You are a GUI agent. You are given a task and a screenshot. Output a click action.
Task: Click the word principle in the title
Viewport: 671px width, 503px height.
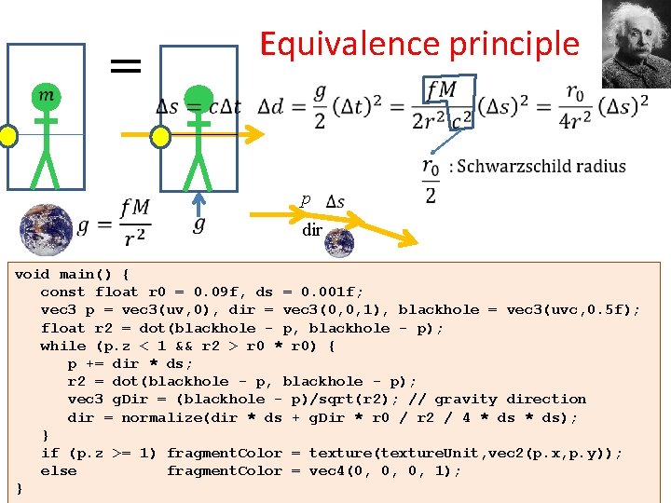pyautogui.click(x=500, y=44)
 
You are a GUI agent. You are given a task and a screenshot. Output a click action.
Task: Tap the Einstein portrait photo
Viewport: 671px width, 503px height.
pyautogui.click(x=635, y=42)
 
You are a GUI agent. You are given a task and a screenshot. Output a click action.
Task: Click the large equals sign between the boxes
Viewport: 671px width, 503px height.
pyautogui.click(x=125, y=65)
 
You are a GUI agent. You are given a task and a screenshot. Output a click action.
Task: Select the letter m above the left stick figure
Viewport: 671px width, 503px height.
pyautogui.click(x=44, y=95)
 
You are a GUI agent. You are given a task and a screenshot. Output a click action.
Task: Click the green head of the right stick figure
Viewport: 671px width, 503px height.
pyautogui.click(x=197, y=98)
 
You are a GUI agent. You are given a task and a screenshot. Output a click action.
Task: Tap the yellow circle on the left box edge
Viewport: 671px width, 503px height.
pyautogui.click(x=7, y=137)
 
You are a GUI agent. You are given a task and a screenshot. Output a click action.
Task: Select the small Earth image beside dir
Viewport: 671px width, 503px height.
pyautogui.click(x=338, y=242)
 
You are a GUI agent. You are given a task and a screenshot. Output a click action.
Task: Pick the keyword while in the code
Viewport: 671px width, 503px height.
pyautogui.click(x=63, y=346)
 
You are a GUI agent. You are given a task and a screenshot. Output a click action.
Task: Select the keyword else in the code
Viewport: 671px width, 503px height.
pyautogui.click(x=59, y=470)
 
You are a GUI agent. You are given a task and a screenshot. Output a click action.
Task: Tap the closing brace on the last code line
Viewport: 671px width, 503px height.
pyautogui.click(x=20, y=488)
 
